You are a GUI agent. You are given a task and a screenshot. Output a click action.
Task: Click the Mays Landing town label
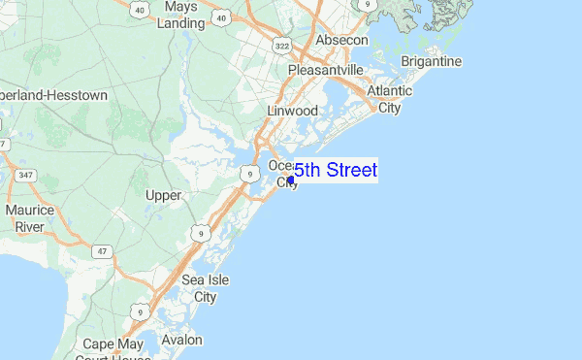coord(180,14)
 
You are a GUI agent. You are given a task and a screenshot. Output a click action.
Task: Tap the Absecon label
coord(341,40)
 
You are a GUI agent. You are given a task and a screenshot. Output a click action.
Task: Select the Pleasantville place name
coord(325,70)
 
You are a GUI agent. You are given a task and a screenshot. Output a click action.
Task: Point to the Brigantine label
coord(432,61)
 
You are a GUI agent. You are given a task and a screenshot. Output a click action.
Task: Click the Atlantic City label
coord(389,99)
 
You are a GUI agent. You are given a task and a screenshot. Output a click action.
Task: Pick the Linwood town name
coord(292,111)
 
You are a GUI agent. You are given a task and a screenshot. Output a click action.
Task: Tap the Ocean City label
coord(283,173)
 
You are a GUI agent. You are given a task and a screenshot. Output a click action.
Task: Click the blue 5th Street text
coord(336,171)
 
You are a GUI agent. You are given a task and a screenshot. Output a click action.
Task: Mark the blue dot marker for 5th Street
coord(291,180)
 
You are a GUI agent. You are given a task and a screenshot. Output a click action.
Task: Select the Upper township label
coord(163,195)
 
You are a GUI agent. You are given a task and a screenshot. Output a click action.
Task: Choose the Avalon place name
coord(182,340)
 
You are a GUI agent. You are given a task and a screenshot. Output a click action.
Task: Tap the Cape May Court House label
coord(112,349)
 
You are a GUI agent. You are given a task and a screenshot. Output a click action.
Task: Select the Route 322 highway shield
coord(282,46)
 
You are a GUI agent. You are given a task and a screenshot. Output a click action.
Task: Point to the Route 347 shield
coord(24,175)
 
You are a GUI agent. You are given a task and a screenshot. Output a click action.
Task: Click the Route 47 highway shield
coord(101,250)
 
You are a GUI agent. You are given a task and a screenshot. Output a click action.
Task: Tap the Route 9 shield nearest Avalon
coord(141,311)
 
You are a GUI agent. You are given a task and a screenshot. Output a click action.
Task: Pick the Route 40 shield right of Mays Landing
coord(222,17)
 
